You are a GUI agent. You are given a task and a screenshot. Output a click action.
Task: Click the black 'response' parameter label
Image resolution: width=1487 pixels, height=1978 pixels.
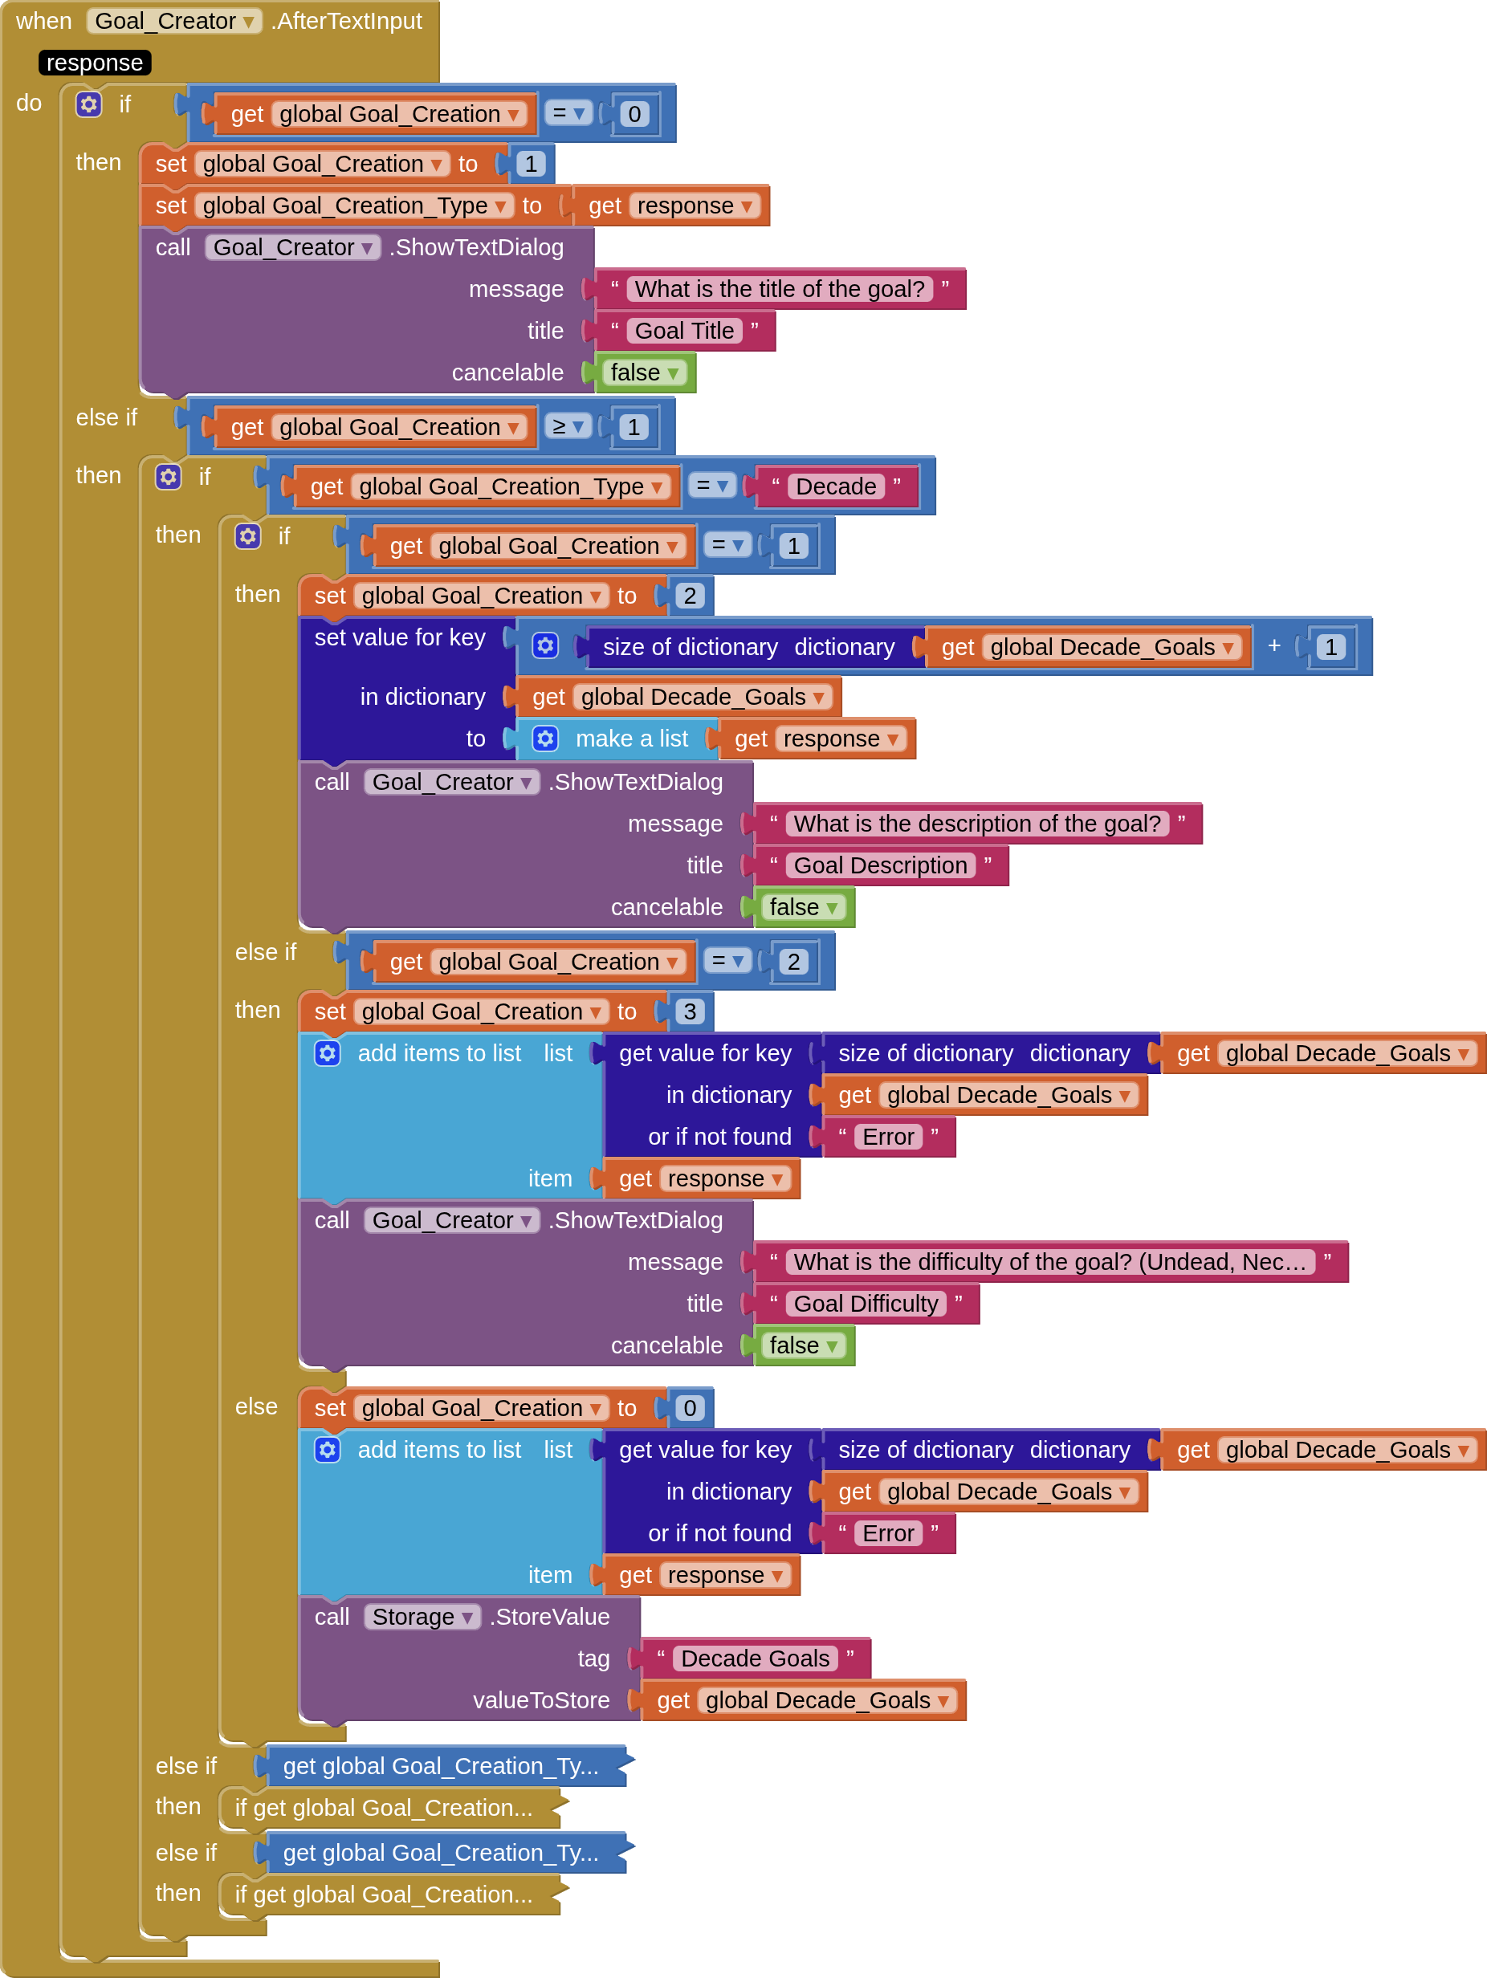point(94,63)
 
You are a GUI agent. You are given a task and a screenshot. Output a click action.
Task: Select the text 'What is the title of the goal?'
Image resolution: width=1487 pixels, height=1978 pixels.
point(779,289)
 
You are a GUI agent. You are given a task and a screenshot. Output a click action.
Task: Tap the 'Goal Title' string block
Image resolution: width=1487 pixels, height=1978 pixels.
point(684,331)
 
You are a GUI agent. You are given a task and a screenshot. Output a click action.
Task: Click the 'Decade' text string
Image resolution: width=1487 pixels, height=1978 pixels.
point(835,486)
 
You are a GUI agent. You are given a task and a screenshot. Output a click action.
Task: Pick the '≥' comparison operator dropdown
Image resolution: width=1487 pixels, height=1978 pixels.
point(568,426)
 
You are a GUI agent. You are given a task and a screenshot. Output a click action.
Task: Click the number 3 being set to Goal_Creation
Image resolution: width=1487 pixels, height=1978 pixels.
point(690,1011)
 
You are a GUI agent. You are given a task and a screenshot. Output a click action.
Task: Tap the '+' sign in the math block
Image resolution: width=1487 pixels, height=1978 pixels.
point(1273,645)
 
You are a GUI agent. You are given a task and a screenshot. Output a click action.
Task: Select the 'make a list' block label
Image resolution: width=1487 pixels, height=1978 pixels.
point(631,739)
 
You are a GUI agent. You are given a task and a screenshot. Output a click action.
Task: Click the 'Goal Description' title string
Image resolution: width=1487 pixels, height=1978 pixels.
point(880,865)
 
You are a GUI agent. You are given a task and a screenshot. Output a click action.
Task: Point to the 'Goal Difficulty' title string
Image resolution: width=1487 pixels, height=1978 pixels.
point(866,1304)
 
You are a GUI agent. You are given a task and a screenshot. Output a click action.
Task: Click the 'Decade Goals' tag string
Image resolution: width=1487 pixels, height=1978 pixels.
point(755,1659)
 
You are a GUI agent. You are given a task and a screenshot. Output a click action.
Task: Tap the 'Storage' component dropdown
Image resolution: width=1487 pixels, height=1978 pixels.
point(422,1617)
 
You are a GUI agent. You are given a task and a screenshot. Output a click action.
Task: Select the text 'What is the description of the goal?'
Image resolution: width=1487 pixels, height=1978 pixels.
point(976,824)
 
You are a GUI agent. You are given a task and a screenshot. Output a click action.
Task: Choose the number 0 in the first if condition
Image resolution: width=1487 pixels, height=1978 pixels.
point(634,113)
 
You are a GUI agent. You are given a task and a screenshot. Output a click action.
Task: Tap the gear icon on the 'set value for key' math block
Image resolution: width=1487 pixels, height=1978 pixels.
point(544,645)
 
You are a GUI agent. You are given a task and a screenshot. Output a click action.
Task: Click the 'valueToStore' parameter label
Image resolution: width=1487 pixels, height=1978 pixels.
point(541,1700)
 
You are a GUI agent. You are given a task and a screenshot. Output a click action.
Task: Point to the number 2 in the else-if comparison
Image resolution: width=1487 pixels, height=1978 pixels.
point(793,961)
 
